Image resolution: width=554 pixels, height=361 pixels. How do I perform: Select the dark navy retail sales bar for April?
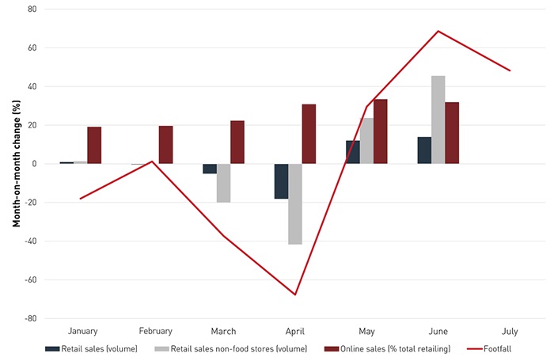(281, 181)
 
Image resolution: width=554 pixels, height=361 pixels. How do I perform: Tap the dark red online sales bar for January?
(94, 145)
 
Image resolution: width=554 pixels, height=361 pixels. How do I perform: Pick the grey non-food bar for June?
(438, 120)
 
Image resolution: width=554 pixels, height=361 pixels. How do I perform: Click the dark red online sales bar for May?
(380, 131)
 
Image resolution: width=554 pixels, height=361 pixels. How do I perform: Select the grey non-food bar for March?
(223, 183)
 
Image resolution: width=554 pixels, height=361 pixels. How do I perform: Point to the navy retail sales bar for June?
(424, 150)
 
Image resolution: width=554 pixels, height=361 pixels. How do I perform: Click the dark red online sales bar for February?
(165, 145)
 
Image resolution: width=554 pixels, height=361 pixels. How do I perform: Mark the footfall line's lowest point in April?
(295, 294)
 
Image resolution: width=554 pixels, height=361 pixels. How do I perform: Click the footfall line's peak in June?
(438, 31)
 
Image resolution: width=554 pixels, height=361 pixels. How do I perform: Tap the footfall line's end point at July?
(510, 70)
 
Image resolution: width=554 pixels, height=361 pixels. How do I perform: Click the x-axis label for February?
(155, 331)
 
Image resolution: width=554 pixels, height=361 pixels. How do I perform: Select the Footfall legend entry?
(491, 349)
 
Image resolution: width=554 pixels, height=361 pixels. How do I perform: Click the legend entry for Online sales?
(384, 349)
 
